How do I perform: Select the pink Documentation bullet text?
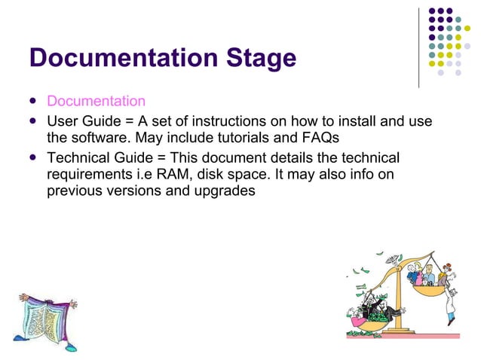point(96,101)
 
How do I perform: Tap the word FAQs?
point(320,138)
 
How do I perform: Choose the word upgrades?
point(228,191)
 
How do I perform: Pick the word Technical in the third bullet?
point(79,157)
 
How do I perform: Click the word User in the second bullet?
point(62,121)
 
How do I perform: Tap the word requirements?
point(93,174)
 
